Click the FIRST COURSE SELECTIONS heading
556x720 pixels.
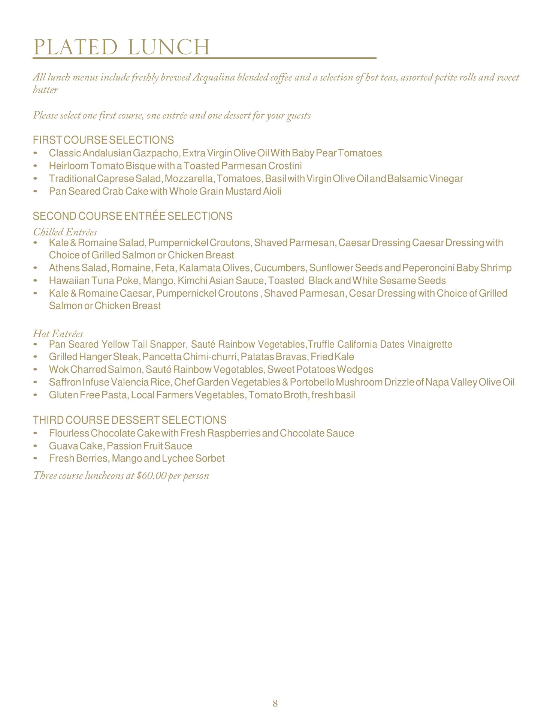point(103,140)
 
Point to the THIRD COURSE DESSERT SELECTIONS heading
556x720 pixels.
point(130,420)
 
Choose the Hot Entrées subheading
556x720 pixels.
point(58,333)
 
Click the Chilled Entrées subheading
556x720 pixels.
point(65,232)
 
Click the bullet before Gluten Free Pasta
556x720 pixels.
point(36,395)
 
